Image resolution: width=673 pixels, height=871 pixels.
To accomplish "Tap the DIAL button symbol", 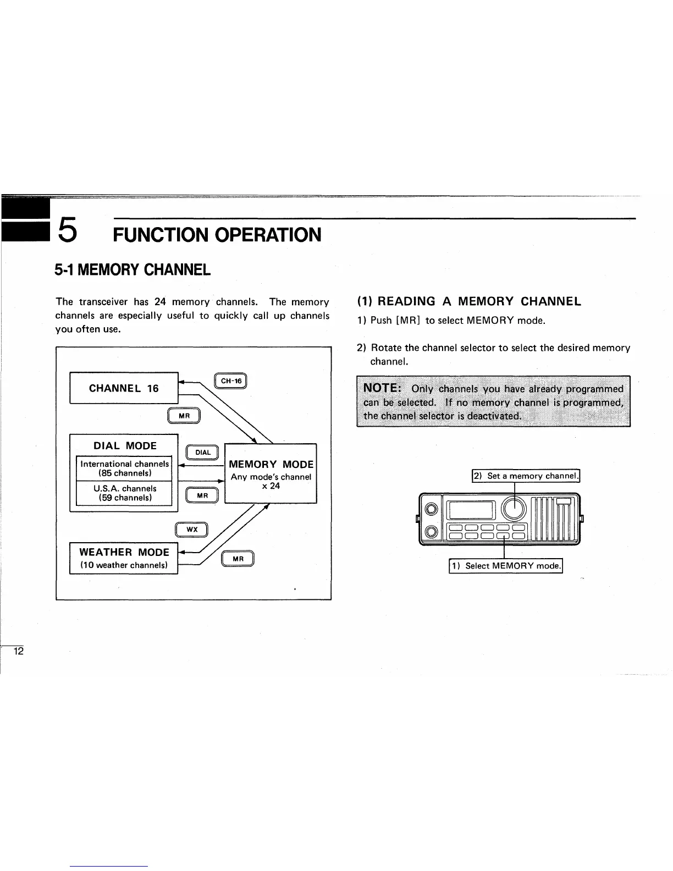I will click(x=203, y=452).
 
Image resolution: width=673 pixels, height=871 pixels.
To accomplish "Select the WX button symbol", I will click(x=191, y=529).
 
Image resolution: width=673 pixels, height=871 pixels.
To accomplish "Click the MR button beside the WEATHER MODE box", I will click(x=238, y=559).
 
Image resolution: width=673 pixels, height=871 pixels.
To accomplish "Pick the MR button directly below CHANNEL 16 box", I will click(x=184, y=416).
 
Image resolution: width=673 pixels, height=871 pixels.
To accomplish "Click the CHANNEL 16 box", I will click(x=124, y=388).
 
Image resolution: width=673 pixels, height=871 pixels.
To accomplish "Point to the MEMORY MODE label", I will click(x=271, y=465).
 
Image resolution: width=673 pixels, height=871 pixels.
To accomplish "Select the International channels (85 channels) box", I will click(x=125, y=468).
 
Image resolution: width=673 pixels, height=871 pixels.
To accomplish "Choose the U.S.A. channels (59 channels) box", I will click(x=125, y=493).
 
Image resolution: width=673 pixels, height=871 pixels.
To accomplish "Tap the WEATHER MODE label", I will click(x=124, y=552).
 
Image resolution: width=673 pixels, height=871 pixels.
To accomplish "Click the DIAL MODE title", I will click(x=125, y=445).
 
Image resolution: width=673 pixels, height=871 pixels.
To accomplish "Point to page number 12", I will click(x=19, y=652).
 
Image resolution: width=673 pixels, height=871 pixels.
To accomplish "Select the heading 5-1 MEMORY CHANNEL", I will click(x=133, y=270).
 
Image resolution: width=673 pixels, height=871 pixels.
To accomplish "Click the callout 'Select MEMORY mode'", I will click(x=506, y=565).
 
